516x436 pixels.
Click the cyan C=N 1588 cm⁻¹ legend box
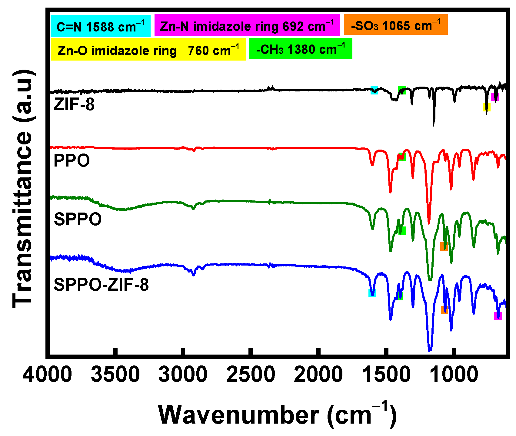pyautogui.click(x=101, y=26)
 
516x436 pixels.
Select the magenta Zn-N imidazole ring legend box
pyautogui.click(x=247, y=25)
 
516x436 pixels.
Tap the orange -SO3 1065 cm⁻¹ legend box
pyautogui.click(x=396, y=25)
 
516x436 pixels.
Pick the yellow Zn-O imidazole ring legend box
pyautogui.click(x=148, y=49)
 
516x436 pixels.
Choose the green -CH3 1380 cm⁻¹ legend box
pyautogui.click(x=301, y=48)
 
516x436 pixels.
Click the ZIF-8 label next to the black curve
pyautogui.click(x=74, y=104)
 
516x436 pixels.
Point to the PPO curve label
pyautogui.click(x=72, y=160)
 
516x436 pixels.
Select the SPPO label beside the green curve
pyautogui.click(x=78, y=219)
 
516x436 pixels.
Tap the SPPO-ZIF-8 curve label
pyautogui.click(x=101, y=285)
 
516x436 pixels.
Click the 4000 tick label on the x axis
pyautogui.click(x=47, y=375)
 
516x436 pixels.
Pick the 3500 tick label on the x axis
pyautogui.click(x=115, y=375)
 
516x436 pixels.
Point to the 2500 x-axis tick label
pyautogui.click(x=251, y=375)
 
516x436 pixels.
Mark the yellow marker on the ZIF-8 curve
pyautogui.click(x=487, y=107)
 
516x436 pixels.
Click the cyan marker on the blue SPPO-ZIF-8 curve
pyautogui.click(x=372, y=293)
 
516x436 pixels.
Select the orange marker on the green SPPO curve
pyautogui.click(x=444, y=246)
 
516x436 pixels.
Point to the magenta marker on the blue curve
pyautogui.click(x=498, y=316)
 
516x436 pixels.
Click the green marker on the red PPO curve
pyautogui.click(x=402, y=157)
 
